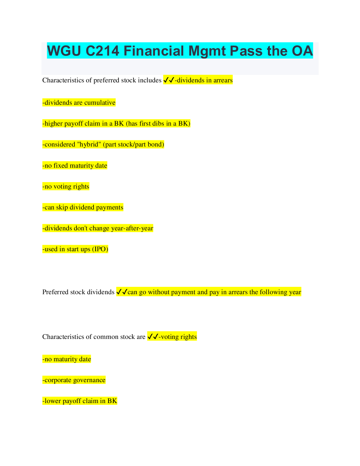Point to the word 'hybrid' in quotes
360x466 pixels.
coord(89,144)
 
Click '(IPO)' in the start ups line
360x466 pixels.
coord(100,249)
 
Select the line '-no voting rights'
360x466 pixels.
coord(66,187)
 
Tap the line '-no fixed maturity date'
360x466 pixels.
coord(75,166)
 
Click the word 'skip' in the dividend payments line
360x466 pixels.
coord(62,207)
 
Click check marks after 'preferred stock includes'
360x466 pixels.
coord(169,80)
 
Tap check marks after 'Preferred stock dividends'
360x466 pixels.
coord(122,292)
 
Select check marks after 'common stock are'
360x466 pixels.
coord(153,337)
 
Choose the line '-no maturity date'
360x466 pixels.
coord(66,359)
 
